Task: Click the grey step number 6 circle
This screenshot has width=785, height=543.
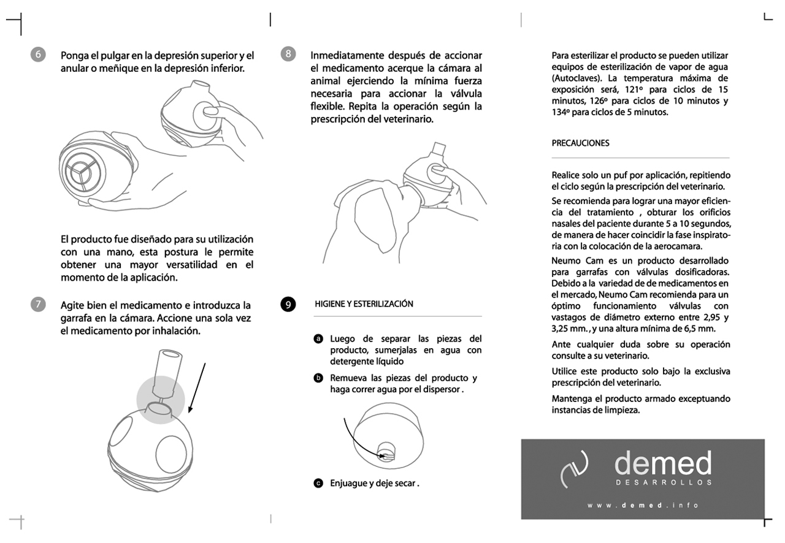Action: click(x=37, y=55)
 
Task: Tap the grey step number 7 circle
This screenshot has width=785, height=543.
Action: click(x=37, y=305)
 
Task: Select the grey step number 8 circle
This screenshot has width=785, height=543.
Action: click(x=288, y=54)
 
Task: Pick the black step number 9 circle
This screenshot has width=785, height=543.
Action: click(x=288, y=305)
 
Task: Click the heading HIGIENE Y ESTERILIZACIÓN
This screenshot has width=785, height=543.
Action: click(x=364, y=304)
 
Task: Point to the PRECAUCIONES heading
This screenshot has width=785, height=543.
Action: click(x=580, y=143)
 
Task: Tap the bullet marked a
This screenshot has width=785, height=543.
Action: click(x=318, y=339)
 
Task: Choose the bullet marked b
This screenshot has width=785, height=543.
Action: click(x=318, y=378)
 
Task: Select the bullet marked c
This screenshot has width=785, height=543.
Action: click(x=318, y=483)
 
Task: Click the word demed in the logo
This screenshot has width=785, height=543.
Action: click(x=663, y=464)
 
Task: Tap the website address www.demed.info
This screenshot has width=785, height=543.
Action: click(x=643, y=506)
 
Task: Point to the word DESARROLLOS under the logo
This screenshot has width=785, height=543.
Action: click(x=663, y=482)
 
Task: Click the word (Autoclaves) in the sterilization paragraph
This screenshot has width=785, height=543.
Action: click(x=575, y=78)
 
